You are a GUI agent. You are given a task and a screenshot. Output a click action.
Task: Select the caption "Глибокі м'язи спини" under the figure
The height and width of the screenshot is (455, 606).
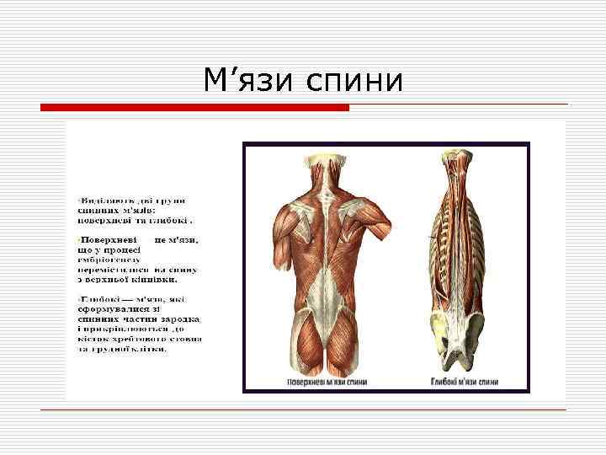[x=465, y=382]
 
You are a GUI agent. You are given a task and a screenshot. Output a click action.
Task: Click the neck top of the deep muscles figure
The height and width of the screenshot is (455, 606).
[x=462, y=160]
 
